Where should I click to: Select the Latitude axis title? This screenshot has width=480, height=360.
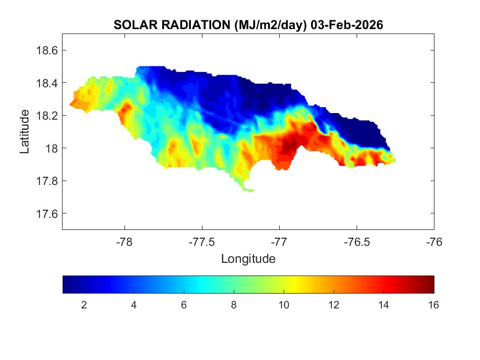pos(25,131)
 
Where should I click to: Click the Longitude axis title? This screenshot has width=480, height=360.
pos(248,258)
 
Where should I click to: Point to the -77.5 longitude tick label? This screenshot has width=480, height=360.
pos(202,241)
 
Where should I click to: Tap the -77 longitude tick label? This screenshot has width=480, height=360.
pos(280,241)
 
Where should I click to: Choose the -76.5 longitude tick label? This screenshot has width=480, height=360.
pos(357,241)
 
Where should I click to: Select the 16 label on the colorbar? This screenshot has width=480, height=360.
pos(433,306)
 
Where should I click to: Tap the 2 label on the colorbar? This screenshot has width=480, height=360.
pos(84,306)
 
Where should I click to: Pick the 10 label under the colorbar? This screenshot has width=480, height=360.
pos(284,306)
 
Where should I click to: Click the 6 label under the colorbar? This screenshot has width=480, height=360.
pos(184,306)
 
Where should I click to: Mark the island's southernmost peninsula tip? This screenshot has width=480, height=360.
pos(250,191)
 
